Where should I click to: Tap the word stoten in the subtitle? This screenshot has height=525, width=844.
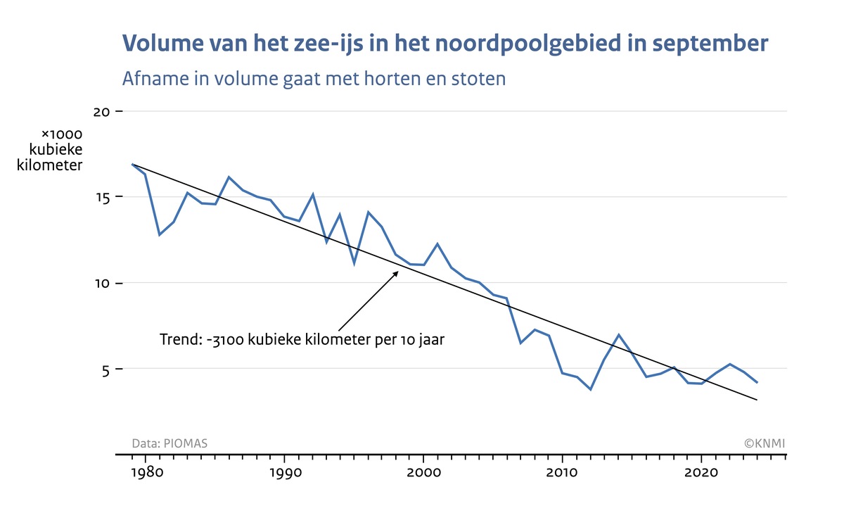(479, 79)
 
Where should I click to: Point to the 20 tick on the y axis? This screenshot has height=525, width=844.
(103, 112)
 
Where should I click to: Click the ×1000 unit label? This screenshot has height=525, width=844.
(63, 134)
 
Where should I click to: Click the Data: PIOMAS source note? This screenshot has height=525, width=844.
(170, 443)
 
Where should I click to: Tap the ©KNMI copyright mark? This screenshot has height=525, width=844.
(765, 443)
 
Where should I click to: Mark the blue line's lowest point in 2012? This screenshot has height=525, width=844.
(590, 389)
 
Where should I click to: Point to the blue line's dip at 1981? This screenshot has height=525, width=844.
(159, 234)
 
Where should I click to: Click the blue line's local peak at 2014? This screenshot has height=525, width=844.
(618, 335)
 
